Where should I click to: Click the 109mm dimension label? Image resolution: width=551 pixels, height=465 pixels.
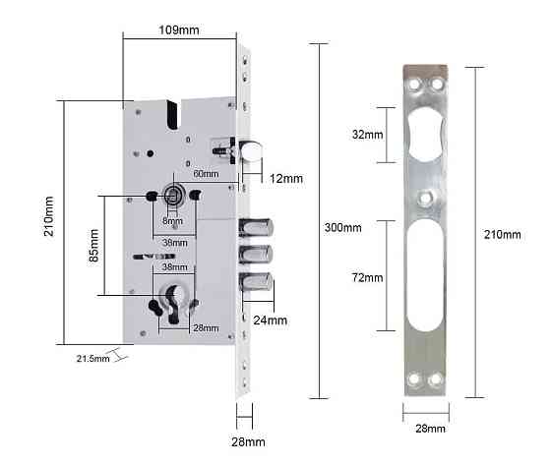point(180,30)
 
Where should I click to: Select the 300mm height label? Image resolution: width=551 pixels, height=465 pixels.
point(341,228)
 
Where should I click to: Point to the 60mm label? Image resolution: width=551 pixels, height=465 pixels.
point(205,172)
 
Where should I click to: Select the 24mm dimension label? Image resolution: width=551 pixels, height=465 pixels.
point(272,320)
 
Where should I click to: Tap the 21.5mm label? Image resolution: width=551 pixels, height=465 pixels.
point(92,357)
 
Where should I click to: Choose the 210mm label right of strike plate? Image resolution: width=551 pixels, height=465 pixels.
point(505,234)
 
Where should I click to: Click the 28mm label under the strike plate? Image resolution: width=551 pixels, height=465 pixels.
point(428,430)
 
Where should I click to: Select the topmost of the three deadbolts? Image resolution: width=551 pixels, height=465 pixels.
point(258,228)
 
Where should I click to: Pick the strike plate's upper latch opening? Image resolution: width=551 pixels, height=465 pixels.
point(425,133)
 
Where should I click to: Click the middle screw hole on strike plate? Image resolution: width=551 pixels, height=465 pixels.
point(426,200)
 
